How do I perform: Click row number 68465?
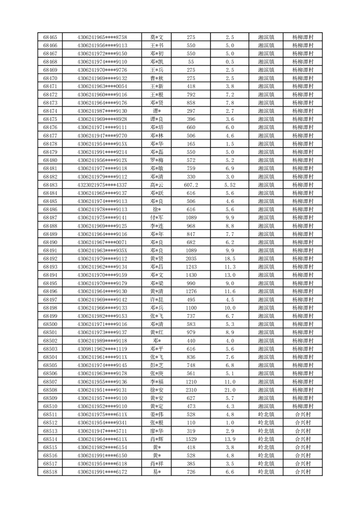click(x=50, y=37)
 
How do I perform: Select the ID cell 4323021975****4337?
click(x=102, y=185)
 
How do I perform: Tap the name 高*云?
click(x=157, y=185)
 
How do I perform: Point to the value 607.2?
click(x=191, y=185)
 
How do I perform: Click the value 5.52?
click(x=229, y=185)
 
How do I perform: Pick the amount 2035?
click(x=191, y=259)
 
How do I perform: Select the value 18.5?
click(x=229, y=259)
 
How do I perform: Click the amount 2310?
click(x=191, y=390)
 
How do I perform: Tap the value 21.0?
click(x=229, y=390)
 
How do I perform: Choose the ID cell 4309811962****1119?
click(x=102, y=349)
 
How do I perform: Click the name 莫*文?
click(x=157, y=37)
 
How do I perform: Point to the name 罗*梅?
click(x=157, y=160)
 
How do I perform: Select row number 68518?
click(x=50, y=472)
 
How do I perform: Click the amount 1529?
click(x=191, y=440)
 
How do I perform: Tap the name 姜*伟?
click(x=157, y=415)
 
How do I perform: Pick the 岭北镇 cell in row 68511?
click(x=266, y=415)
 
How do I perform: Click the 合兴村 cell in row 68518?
click(x=302, y=472)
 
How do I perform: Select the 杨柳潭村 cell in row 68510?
click(x=302, y=406)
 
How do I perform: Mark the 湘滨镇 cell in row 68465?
click(x=266, y=37)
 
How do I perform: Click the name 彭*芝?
click(x=157, y=366)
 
